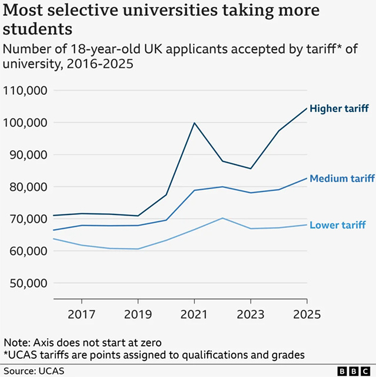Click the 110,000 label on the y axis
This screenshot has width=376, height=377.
coord(25,91)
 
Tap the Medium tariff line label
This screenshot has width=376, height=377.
coord(342,178)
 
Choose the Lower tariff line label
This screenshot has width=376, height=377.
coord(338,225)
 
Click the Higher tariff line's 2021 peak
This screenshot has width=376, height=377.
coord(194,123)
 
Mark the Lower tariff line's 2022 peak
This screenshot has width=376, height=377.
coord(222,218)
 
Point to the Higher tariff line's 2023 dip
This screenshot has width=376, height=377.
coord(251,168)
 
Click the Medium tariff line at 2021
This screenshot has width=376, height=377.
coord(194,190)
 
